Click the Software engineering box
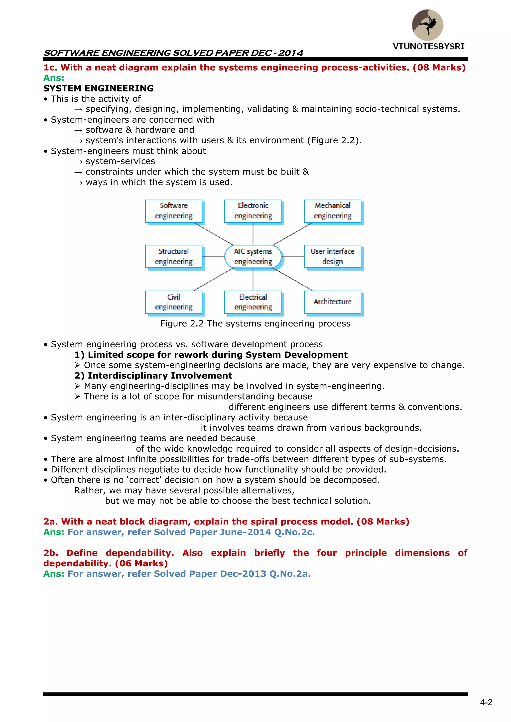coord(174,211)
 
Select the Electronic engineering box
coord(253,211)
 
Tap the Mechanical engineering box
coord(333,211)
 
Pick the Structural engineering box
coord(174,256)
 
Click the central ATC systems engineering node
coord(253,256)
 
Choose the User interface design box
coord(333,256)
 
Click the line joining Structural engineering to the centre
coord(213,257)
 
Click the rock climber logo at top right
coord(427,25)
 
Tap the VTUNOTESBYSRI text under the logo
coord(429,47)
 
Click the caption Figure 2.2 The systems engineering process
coord(255,323)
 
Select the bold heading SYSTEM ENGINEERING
coord(99,88)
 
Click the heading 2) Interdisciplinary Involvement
coord(153,376)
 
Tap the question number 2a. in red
coord(51,521)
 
